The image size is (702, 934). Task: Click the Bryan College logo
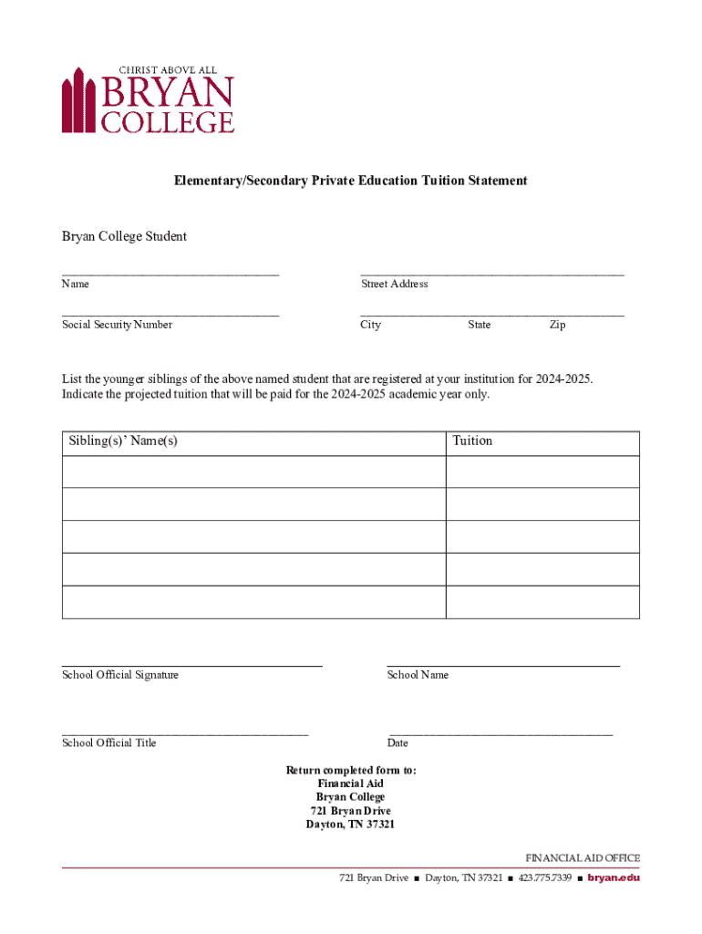click(x=148, y=99)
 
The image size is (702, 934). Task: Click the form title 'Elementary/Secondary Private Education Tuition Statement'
click(x=351, y=181)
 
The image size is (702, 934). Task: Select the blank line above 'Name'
click(x=170, y=273)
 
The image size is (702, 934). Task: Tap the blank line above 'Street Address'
click(x=492, y=273)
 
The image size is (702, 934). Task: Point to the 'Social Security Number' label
click(x=117, y=325)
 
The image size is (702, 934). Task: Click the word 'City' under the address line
click(x=371, y=325)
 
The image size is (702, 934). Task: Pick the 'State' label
click(x=480, y=325)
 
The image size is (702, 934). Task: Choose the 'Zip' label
click(x=557, y=325)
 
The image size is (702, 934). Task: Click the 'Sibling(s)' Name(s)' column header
click(x=123, y=441)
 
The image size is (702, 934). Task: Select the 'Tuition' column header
click(x=472, y=441)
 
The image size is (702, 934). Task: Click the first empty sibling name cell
click(x=253, y=472)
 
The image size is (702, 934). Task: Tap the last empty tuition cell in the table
click(x=542, y=602)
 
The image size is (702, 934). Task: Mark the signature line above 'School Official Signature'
click(x=191, y=667)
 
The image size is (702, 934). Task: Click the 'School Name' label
click(x=418, y=675)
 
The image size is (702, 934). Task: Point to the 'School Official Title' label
click(x=109, y=742)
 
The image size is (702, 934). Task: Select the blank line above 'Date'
click(x=501, y=733)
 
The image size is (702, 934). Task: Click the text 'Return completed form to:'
click(x=351, y=771)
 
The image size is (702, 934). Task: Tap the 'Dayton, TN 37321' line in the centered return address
click(x=351, y=825)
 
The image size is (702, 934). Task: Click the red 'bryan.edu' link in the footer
click(x=614, y=878)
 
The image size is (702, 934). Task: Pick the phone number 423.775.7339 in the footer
click(x=545, y=878)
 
